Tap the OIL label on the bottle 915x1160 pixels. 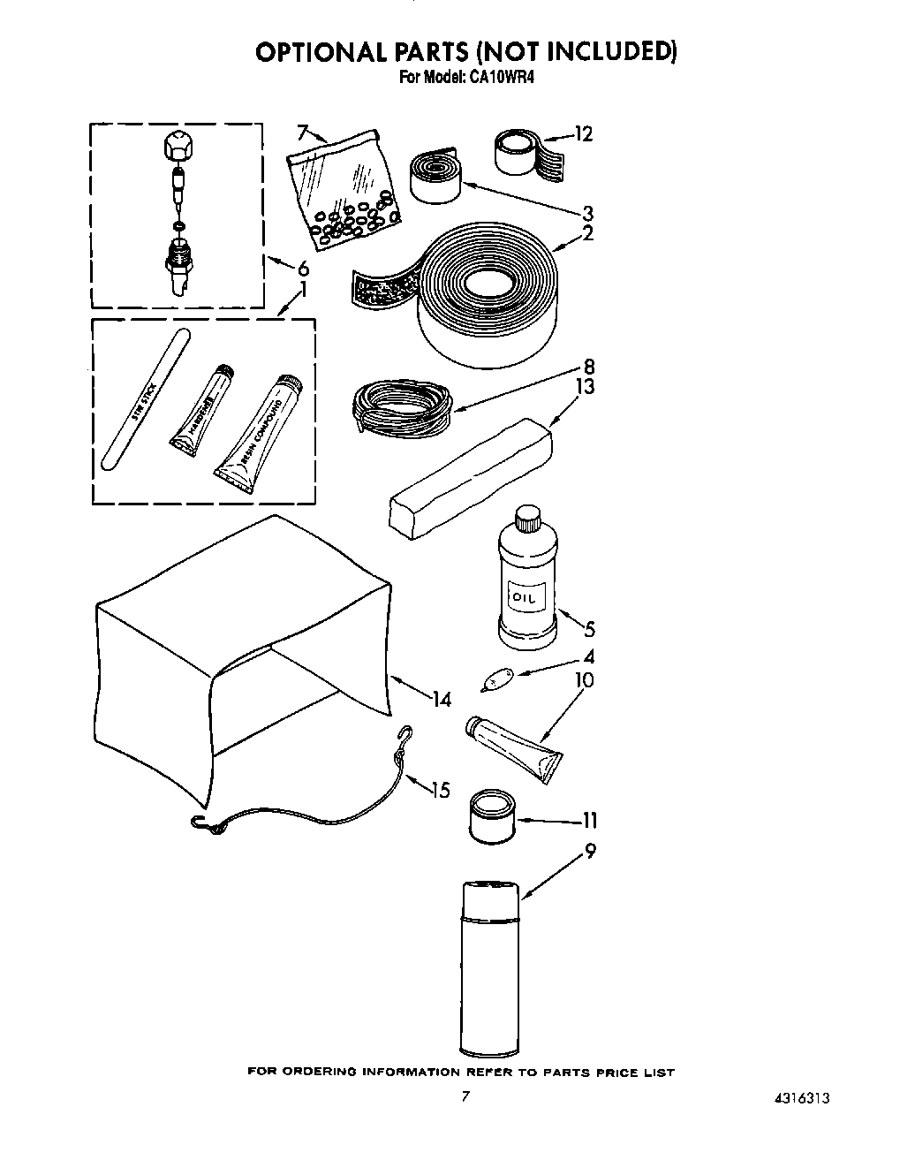pos(526,599)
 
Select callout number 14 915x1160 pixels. pos(442,699)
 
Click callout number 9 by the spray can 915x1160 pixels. pos(590,852)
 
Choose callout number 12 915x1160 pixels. pos(583,134)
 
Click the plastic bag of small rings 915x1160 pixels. pos(344,187)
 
